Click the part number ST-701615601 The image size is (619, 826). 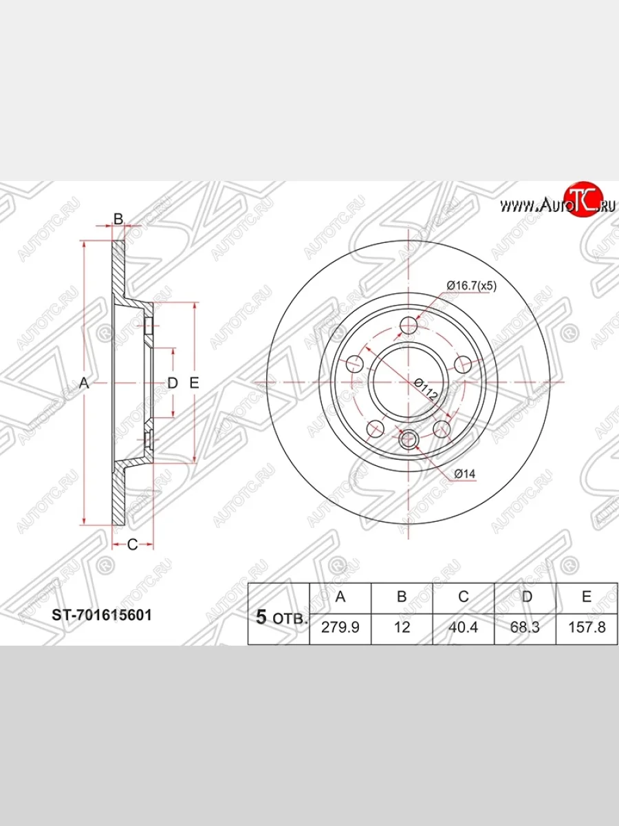coord(102,615)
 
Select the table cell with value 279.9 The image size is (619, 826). coord(340,627)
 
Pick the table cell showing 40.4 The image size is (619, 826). coord(464,627)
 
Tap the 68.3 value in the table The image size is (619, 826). coord(525,627)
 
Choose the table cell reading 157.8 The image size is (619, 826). coord(587,627)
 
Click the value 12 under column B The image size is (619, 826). coord(402,627)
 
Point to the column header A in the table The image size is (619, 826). coord(340,597)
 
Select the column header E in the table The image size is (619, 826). coord(587,597)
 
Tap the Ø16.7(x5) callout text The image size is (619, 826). coord(471,286)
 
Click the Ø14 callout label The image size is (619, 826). coord(464,474)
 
